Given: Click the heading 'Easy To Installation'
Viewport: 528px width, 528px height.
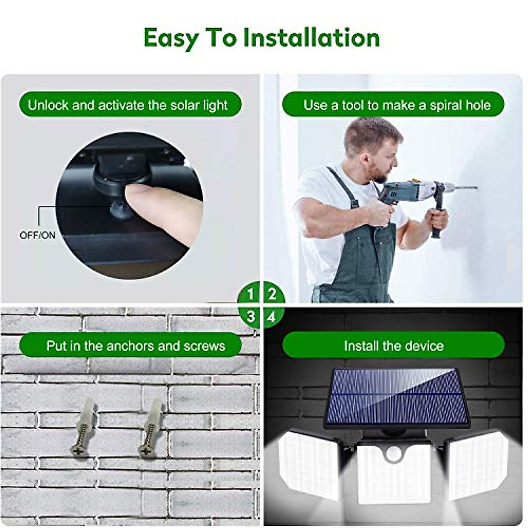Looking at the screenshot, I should coord(261,38).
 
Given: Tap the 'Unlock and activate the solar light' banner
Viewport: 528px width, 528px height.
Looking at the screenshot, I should coord(130,105).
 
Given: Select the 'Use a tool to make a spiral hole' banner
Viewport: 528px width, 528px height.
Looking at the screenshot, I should coord(393,105).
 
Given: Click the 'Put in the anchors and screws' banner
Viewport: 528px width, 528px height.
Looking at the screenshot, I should coord(130,346).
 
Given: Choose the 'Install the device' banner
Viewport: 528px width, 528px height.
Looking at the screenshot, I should coord(393,346).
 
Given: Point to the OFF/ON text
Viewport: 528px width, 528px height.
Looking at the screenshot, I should coord(37,235).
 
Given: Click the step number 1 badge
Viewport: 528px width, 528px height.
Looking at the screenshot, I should coord(250,294).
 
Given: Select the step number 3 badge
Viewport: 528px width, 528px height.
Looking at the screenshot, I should coord(250,316).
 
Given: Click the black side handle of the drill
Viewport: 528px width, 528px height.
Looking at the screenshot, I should coord(437,224).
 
